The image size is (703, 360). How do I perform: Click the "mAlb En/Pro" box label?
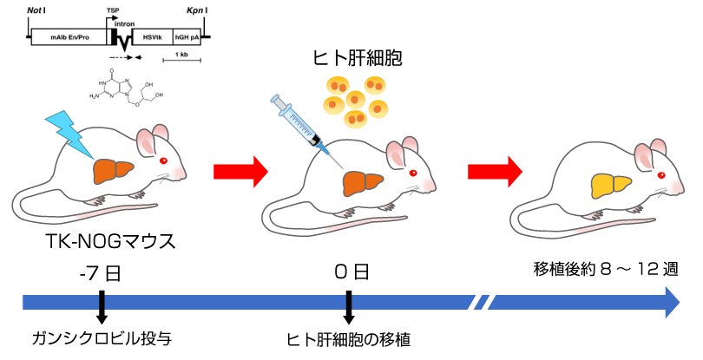coord(70,38)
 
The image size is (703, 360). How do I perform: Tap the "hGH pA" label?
coord(187,38)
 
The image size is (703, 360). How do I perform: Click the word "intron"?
coord(125,25)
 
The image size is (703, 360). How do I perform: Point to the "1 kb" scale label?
coord(181,55)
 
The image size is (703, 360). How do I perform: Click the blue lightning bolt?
coord(69,132)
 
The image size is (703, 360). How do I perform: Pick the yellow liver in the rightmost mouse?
coord(611,184)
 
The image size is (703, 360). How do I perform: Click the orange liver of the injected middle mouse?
coord(363,183)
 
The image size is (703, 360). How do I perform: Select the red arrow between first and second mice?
coord(240,171)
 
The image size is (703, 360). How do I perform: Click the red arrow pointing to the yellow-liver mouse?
coord(495,171)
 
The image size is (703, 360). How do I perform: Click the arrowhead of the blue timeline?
coord(672,302)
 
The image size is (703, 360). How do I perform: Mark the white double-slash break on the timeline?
coord(482,302)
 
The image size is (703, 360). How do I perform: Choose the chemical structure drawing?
coord(126,87)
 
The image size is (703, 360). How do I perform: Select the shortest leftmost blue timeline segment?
coord(60,302)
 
